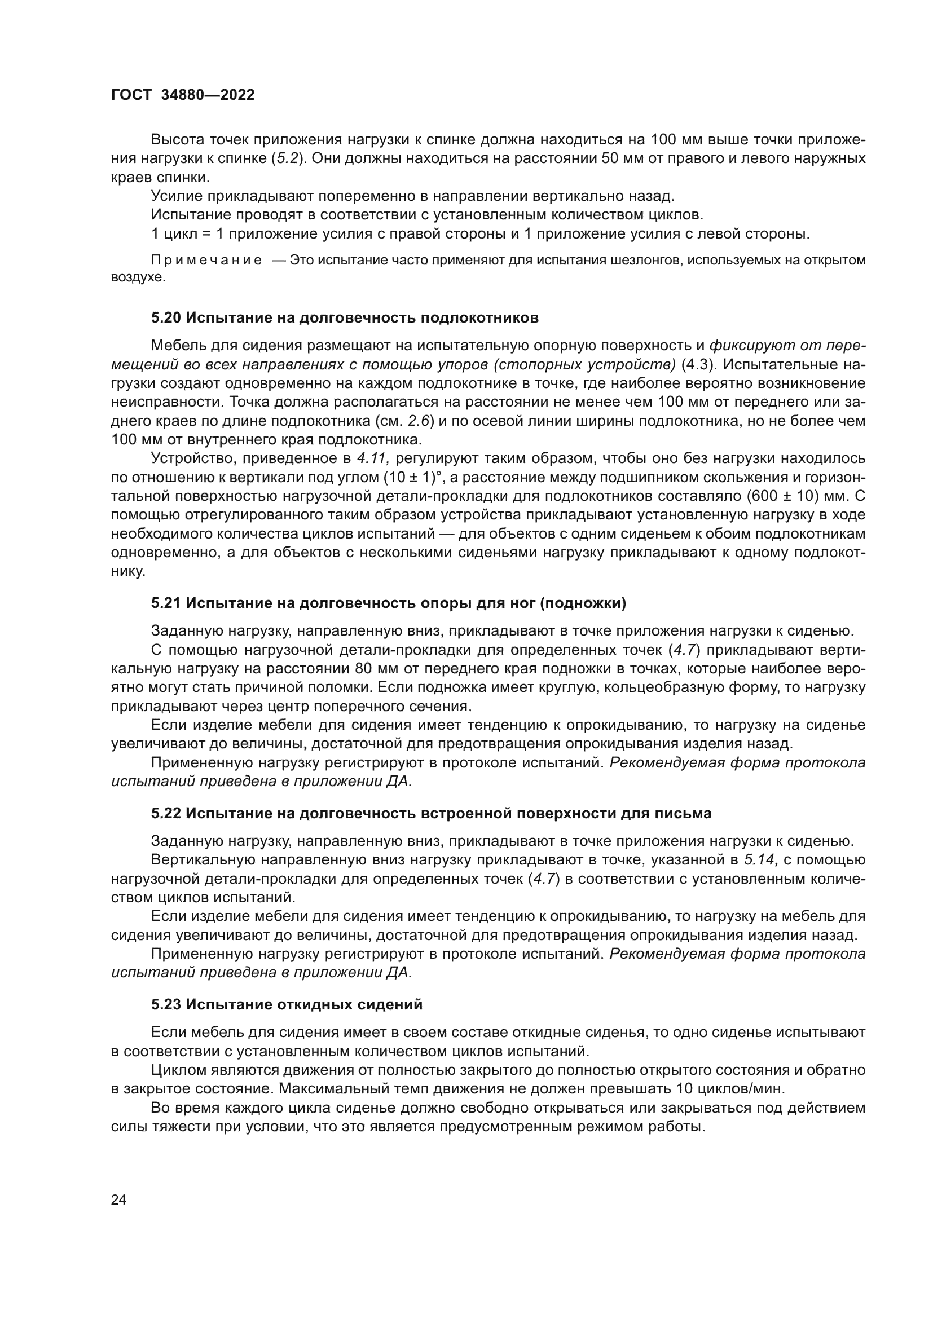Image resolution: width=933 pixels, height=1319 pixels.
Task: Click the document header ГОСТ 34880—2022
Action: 183,95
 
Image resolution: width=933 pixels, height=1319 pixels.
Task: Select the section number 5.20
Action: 166,318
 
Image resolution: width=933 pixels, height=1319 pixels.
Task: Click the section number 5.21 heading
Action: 166,603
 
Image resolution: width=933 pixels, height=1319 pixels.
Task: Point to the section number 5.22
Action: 166,814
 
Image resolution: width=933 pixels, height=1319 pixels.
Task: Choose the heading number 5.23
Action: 166,1005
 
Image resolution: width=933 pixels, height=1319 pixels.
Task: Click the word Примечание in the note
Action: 206,260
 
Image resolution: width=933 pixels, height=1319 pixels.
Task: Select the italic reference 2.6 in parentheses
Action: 418,421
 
